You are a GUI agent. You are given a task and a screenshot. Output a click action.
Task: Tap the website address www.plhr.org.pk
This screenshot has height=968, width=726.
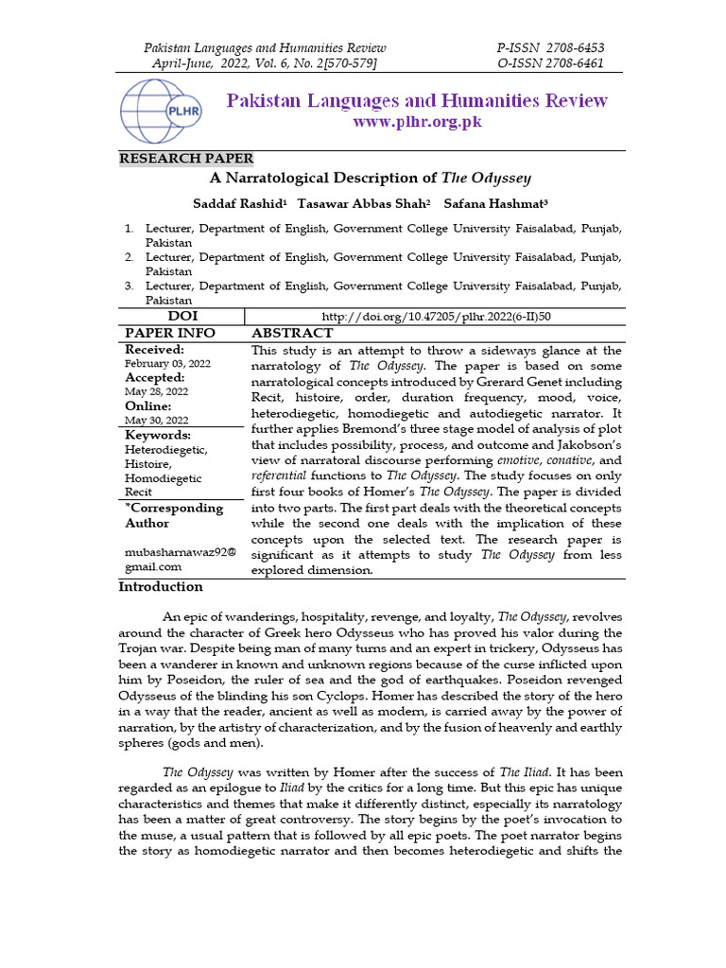(417, 123)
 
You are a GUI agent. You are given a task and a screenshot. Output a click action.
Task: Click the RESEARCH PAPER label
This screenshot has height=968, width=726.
(186, 159)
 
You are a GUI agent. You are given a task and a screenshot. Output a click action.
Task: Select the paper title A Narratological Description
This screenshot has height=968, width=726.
(371, 178)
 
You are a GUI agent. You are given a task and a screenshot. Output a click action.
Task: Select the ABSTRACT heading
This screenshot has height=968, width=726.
(291, 334)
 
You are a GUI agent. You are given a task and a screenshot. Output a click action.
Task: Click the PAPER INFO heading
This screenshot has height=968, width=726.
(170, 334)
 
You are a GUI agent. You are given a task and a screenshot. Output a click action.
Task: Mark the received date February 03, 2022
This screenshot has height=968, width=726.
(168, 364)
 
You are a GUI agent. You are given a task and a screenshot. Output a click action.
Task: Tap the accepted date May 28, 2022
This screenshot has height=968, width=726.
(157, 391)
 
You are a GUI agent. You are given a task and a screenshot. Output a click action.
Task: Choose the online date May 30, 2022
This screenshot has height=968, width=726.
(157, 420)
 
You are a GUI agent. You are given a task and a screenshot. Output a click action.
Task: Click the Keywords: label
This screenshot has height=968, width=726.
(158, 435)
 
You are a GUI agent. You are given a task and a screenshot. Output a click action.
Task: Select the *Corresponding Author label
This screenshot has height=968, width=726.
(174, 515)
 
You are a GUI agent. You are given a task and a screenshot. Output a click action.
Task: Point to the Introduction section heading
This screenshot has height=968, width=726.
(161, 587)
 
